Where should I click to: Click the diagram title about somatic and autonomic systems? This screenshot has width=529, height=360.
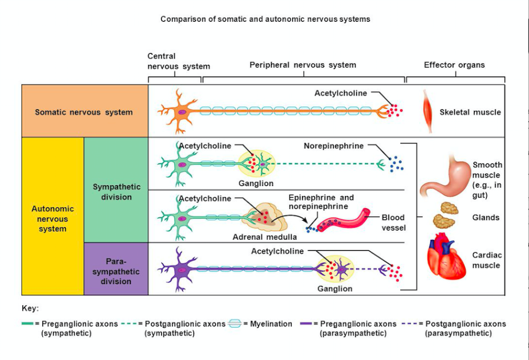pos(265,19)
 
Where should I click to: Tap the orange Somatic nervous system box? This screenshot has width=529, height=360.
pos(84,112)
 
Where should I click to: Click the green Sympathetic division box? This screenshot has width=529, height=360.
pos(116,192)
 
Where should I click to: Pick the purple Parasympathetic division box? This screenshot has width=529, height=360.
pos(116,270)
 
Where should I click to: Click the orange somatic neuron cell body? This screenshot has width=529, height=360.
pos(182,111)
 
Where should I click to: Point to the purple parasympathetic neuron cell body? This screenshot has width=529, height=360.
pos(182,269)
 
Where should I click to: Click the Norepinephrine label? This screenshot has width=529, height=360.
pos(334,146)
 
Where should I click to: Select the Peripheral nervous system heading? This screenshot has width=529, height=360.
pos(303,65)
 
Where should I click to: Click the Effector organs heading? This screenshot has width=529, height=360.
pos(454,65)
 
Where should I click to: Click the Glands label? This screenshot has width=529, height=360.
pos(486,218)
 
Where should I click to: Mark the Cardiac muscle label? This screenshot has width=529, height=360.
pos(486,260)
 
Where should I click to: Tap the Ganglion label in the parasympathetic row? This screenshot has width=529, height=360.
pos(334,289)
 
